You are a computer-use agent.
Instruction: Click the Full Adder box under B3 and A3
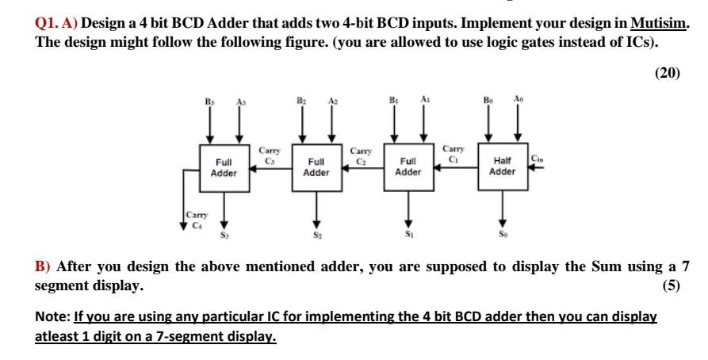tap(224, 167)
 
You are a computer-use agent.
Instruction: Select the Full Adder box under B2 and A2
tap(316, 167)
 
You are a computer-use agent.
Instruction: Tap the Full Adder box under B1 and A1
tap(408, 167)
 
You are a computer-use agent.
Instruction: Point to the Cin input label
tap(538, 157)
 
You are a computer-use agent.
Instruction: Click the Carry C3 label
tap(266, 154)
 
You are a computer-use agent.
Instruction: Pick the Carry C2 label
tap(358, 154)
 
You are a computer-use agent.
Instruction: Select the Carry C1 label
tap(452, 152)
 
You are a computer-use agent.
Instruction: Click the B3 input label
tap(209, 101)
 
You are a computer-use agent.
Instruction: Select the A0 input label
tap(519, 101)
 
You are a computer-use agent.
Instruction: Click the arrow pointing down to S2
tap(316, 210)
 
